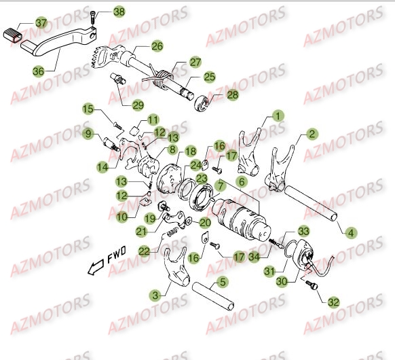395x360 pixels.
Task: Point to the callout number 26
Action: [x=157, y=46]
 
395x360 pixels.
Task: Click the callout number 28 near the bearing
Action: [x=232, y=95]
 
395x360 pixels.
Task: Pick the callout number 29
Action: [x=138, y=104]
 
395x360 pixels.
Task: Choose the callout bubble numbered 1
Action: [x=278, y=115]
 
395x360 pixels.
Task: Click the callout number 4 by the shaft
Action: [x=350, y=233]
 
